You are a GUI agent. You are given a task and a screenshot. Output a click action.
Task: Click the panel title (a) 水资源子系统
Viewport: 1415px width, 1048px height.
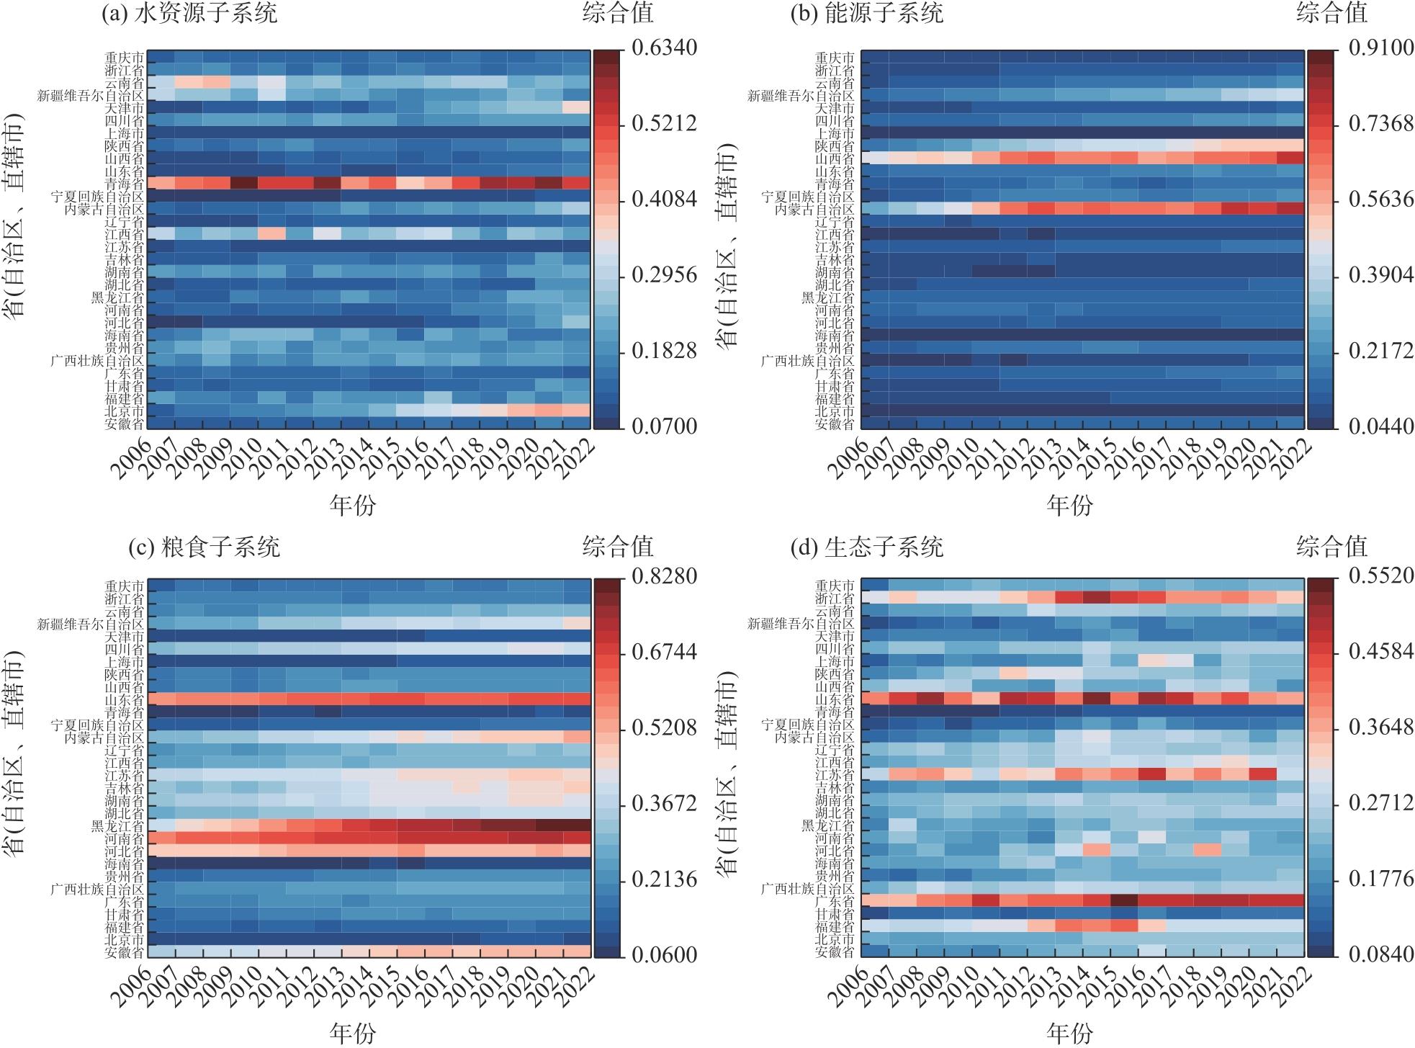click(189, 13)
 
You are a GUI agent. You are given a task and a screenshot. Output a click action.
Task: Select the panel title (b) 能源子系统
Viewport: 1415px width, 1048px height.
click(866, 13)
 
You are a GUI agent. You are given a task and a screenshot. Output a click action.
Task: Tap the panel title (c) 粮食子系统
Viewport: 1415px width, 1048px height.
click(204, 547)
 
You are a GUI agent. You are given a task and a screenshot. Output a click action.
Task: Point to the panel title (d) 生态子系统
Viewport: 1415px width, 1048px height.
click(866, 547)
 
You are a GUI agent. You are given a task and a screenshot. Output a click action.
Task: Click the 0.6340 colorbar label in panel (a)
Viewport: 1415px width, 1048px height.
click(664, 48)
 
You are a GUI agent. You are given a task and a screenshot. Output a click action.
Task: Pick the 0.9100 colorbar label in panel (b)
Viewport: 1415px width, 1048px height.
click(1381, 48)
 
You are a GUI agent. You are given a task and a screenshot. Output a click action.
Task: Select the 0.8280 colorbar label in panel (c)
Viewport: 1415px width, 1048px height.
click(664, 576)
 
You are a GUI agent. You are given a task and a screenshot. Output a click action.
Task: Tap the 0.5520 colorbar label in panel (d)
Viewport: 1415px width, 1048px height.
click(1381, 576)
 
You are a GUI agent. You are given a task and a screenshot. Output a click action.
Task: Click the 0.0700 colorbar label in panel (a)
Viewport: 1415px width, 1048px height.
click(664, 426)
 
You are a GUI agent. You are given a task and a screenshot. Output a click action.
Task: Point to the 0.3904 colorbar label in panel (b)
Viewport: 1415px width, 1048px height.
click(1381, 275)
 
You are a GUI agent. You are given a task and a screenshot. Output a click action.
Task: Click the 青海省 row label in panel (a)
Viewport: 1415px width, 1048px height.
click(123, 184)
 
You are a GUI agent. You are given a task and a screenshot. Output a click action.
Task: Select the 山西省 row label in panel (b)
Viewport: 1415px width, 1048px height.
click(835, 158)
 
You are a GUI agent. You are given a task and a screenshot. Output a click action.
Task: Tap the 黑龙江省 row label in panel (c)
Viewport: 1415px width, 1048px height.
click(117, 825)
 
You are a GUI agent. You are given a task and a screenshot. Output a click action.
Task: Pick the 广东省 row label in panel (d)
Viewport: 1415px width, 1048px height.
click(835, 901)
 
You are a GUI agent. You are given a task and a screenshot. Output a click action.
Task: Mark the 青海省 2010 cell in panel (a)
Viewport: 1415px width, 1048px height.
click(244, 183)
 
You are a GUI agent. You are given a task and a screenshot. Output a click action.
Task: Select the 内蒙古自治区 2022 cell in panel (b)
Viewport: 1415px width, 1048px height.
click(1290, 208)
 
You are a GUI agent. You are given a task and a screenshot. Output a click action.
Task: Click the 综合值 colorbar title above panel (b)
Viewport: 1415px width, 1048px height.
click(1331, 13)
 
